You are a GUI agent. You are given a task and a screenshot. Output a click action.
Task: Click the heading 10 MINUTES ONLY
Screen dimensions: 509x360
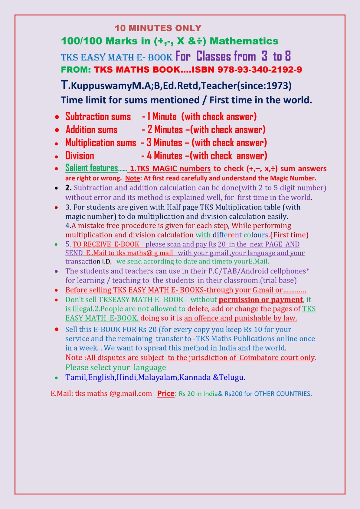pyautogui.click(x=158, y=28)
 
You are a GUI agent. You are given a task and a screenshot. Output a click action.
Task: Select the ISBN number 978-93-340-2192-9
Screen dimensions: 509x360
pyautogui.click(x=260, y=70)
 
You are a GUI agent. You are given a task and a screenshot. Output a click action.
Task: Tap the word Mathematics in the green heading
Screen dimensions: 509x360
pyautogui.click(x=244, y=41)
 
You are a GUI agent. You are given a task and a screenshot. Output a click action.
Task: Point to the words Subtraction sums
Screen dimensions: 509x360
pyautogui.click(x=98, y=117)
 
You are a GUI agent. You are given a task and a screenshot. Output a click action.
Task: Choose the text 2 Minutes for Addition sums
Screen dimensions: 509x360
pyautogui.click(x=165, y=130)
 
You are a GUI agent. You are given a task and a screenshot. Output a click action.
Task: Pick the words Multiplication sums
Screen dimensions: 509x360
pyautogui.click(x=101, y=143)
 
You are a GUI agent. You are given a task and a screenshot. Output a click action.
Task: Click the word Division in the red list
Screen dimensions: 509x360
pyautogui.click(x=80, y=156)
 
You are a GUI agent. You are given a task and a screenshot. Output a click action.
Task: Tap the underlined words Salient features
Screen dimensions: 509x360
pyautogui.click(x=92, y=168)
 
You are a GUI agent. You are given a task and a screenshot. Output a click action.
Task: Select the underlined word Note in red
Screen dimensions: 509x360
pyautogui.click(x=132, y=178)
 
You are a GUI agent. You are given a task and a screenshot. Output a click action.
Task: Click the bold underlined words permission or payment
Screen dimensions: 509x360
pyautogui.click(x=261, y=300)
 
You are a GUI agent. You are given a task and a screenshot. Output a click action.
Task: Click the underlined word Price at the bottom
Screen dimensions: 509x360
pyautogui.click(x=166, y=394)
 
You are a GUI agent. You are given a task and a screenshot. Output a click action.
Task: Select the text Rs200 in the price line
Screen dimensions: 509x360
pyautogui.click(x=233, y=394)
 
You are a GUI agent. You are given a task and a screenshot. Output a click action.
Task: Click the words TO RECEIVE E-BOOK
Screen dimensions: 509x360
pyautogui.click(x=106, y=244)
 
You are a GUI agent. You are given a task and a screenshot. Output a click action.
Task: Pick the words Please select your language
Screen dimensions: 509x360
pyautogui.click(x=116, y=368)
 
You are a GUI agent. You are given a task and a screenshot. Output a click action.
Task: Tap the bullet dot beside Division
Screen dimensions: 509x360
pyautogui.click(x=56, y=157)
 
